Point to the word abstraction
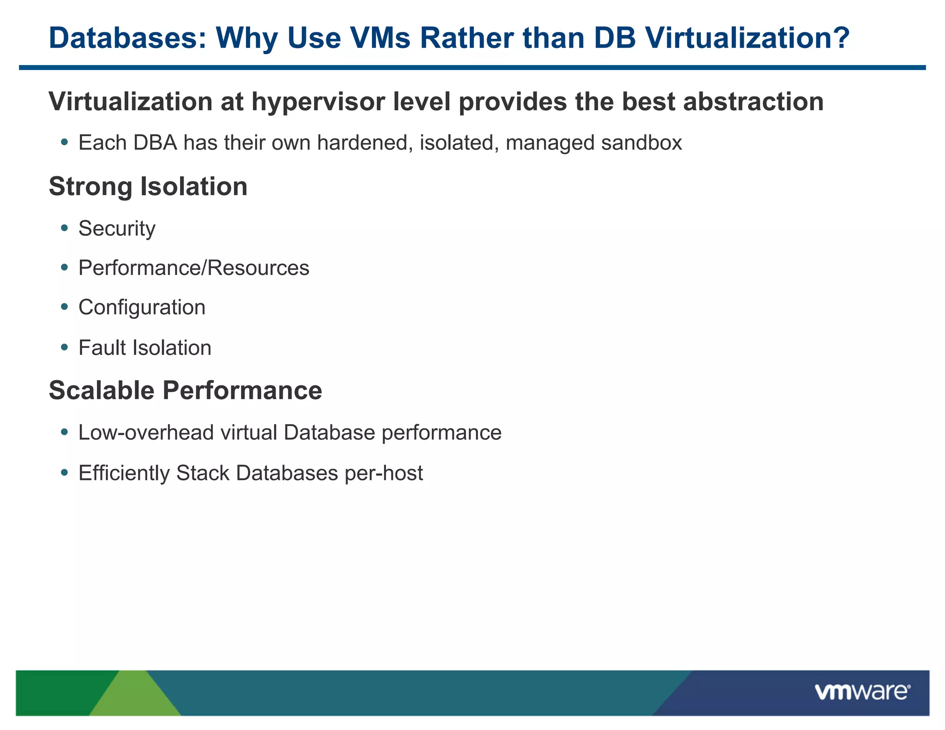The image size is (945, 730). point(753,102)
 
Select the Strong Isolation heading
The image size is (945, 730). point(148,186)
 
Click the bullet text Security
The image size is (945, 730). point(117,228)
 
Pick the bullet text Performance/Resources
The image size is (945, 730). point(194,268)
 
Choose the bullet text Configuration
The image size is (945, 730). point(142,308)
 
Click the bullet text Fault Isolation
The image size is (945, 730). point(145,348)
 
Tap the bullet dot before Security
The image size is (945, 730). point(65,228)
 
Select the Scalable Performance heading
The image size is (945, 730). point(185,390)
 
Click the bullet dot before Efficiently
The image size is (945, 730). point(65,473)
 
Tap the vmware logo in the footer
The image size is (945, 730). point(862,692)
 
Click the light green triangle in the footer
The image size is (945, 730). point(135,697)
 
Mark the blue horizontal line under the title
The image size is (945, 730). point(472,68)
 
